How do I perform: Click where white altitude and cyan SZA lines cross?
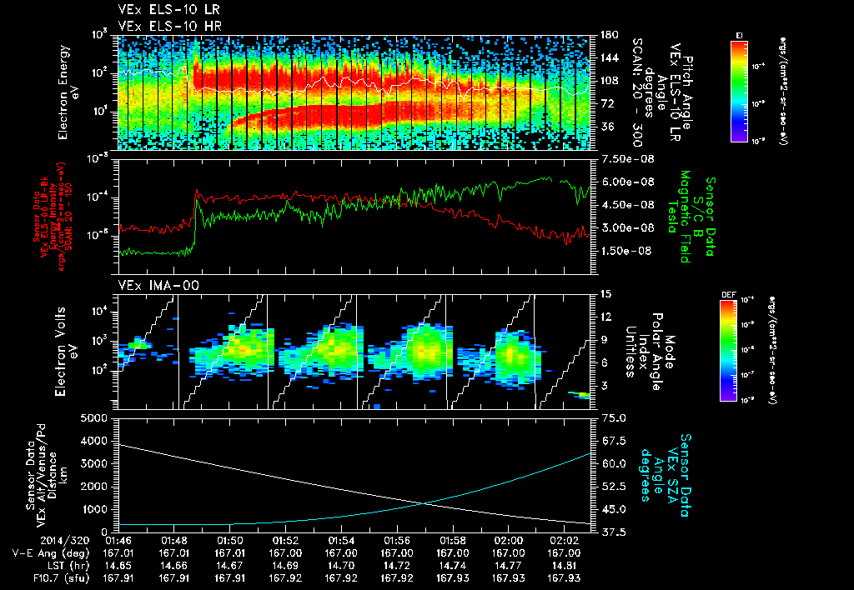point(426,502)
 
